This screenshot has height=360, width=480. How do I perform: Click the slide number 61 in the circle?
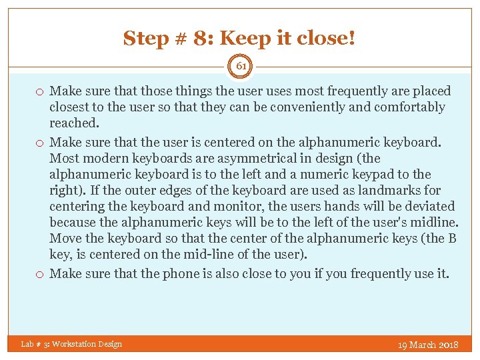point(240,66)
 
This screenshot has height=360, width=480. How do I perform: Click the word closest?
point(72,107)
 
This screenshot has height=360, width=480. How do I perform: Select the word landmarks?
point(382,190)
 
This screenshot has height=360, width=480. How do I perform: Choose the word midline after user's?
point(435,222)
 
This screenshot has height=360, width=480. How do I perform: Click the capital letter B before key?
point(452,238)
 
